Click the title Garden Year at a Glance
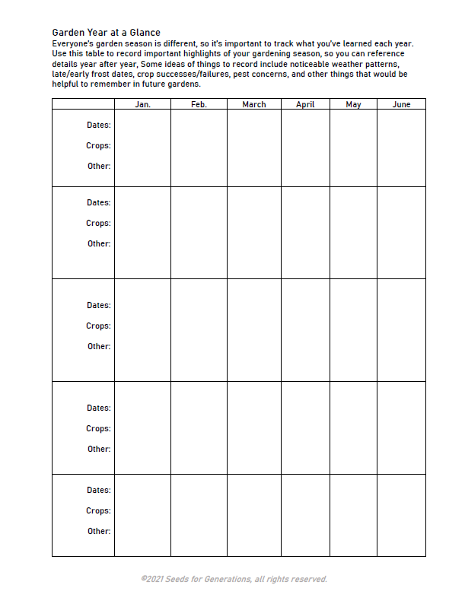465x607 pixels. point(106,33)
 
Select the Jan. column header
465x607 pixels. point(142,104)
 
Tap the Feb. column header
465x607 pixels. point(199,104)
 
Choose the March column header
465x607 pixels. point(253,104)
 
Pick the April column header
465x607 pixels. point(305,104)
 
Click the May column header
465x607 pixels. point(353,104)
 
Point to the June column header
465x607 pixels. point(401,104)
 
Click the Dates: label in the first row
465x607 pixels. point(98,125)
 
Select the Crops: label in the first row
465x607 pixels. point(98,145)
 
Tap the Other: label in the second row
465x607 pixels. point(99,243)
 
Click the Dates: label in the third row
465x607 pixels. point(98,305)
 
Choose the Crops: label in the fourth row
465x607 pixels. point(98,428)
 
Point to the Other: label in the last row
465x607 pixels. point(99,531)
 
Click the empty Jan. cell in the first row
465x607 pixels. point(142,148)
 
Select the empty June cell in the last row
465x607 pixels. point(401,515)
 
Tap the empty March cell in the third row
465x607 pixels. point(253,329)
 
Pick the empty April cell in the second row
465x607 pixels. point(305,232)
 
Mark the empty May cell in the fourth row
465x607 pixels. point(353,427)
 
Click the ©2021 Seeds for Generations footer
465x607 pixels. point(234,580)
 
